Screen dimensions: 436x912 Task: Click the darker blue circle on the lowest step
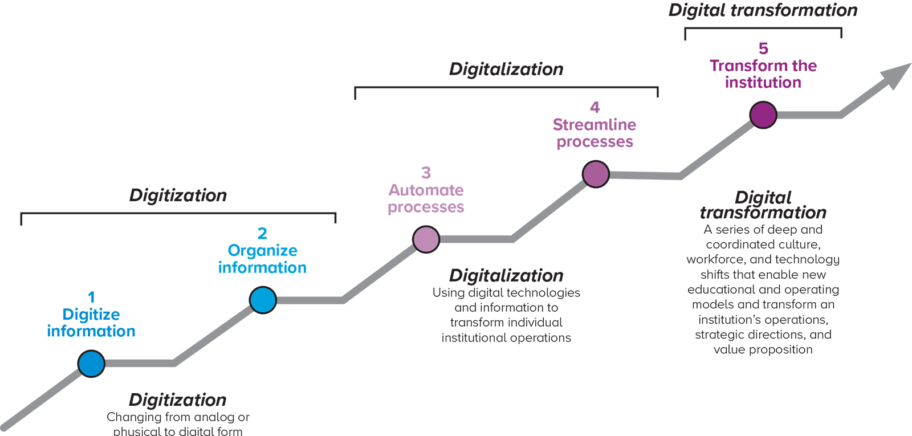(92, 363)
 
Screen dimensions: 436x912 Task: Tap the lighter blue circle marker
(263, 300)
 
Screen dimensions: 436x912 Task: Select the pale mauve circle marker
(426, 239)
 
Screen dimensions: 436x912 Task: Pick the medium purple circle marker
(596, 174)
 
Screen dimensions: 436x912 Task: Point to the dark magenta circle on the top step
(763, 115)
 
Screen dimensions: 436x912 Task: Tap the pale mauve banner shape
(427, 182)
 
